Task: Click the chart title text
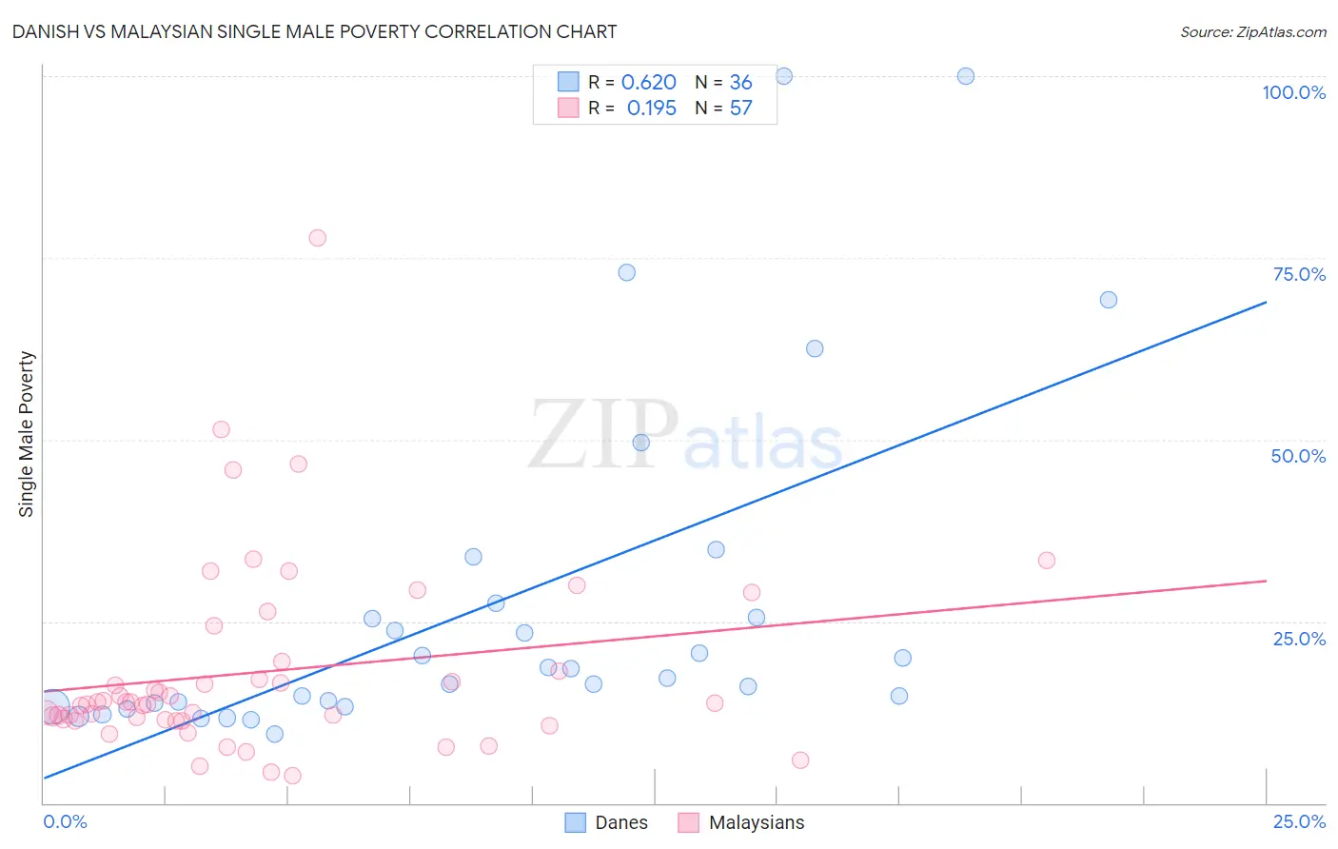(x=314, y=31)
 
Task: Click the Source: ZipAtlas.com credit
(x=1252, y=31)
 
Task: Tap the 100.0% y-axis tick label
(x=1293, y=92)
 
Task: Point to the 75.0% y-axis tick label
(x=1299, y=274)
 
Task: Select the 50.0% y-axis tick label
(x=1298, y=456)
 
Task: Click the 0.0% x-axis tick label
(x=65, y=821)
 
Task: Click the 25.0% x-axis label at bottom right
(x=1299, y=821)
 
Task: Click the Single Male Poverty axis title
(x=27, y=434)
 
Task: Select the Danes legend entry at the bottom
(x=606, y=822)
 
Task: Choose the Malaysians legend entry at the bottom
(x=741, y=822)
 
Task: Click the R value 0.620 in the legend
(x=648, y=83)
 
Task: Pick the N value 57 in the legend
(x=740, y=109)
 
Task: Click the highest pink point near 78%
(x=318, y=238)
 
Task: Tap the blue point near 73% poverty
(x=626, y=272)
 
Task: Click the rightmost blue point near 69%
(x=1109, y=300)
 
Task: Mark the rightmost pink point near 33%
(x=1047, y=561)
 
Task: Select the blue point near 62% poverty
(x=815, y=348)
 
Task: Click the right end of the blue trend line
(x=1266, y=302)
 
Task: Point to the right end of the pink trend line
(x=1266, y=581)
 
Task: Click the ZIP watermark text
(x=603, y=435)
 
